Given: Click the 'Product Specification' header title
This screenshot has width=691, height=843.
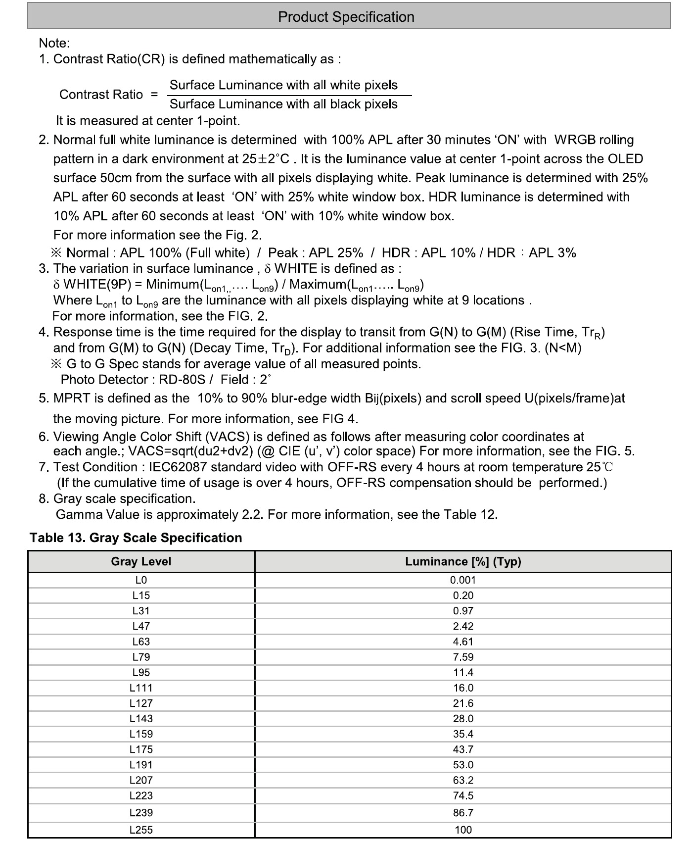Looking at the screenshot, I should pos(346,17).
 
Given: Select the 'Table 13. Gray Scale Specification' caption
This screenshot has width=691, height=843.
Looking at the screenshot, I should pos(136,538).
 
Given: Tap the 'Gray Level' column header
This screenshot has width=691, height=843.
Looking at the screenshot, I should pos(141,561).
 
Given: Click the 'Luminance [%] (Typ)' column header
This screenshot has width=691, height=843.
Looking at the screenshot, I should pos(463,561).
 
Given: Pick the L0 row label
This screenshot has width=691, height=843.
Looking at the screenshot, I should pos(141,580).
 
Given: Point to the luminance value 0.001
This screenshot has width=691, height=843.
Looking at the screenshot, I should pos(463,580).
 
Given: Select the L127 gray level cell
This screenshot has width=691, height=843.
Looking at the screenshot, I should pos(141,703).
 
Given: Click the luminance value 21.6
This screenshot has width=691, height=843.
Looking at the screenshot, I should pos(463,703).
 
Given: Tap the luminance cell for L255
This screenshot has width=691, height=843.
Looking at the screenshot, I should pos(463,830).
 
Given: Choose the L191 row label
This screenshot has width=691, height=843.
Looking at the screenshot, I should pos(141,765).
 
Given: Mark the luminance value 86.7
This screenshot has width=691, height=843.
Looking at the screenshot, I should pos(463,812).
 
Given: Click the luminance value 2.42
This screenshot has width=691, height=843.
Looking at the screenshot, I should pos(463,626).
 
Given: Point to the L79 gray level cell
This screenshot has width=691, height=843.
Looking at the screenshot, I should pos(141,657).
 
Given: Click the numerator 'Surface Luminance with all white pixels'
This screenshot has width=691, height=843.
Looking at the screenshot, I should pos(283,85).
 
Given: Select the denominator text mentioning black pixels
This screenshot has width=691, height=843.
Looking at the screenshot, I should pos(283,104).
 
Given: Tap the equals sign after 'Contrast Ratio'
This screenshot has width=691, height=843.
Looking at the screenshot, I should pos(154,95).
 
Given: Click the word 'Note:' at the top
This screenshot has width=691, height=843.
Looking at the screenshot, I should pos(54,43).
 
